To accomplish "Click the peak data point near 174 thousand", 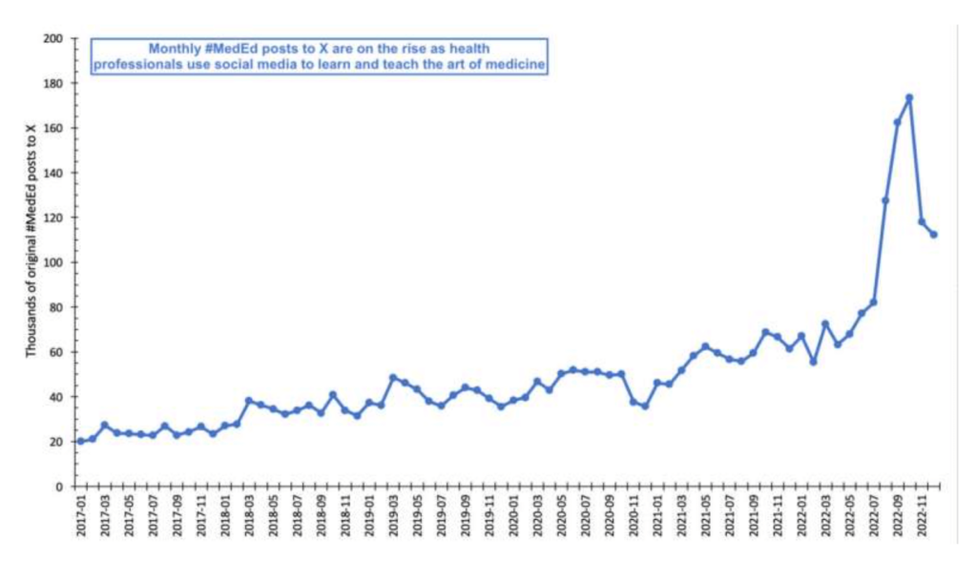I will (909, 97).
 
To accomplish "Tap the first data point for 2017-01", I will (81, 441).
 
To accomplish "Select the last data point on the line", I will (934, 235).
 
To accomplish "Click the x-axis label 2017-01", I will (81, 515).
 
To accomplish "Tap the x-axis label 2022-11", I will (922, 515).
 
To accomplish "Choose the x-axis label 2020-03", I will (537, 515).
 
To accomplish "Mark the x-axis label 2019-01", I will (369, 515).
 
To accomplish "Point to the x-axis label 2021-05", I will (705, 515).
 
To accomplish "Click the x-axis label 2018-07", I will (297, 515).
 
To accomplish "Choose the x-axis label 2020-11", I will (634, 515).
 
